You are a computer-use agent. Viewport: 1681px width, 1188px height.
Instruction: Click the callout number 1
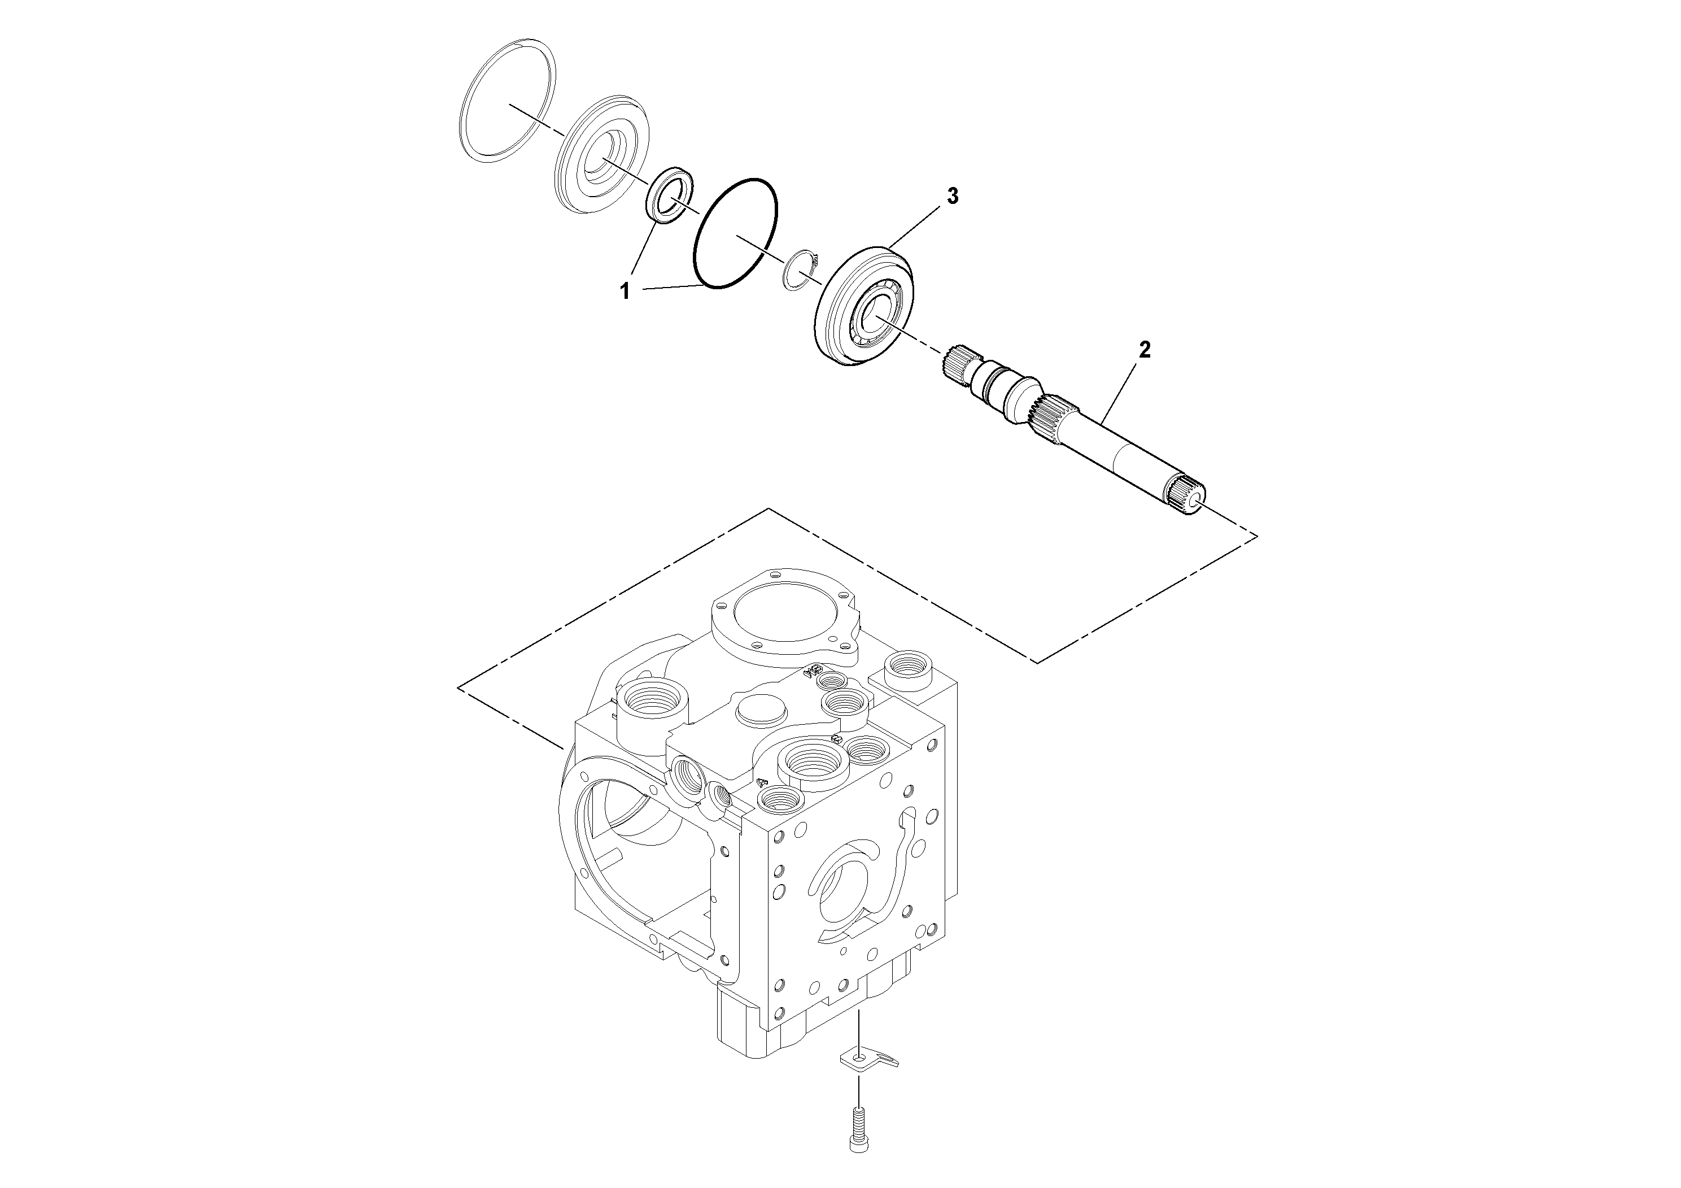625,291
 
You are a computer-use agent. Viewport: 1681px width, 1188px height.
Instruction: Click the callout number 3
953,195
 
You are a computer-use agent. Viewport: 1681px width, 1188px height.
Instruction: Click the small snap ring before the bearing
801,269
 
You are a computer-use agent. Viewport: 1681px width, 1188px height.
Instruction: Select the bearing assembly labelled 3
864,306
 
